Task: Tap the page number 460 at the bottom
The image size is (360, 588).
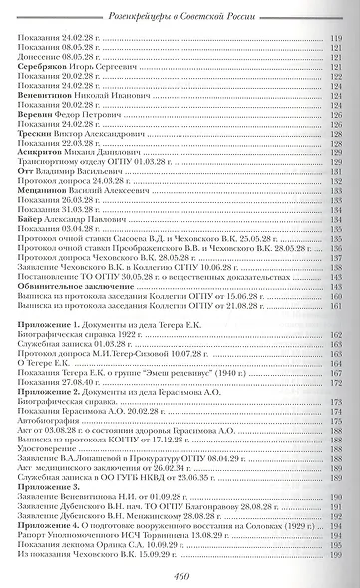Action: [x=180, y=573]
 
